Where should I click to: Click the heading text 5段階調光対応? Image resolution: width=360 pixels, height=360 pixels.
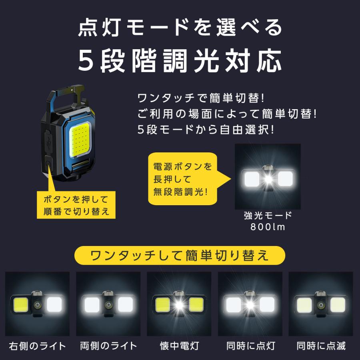[x=180, y=61]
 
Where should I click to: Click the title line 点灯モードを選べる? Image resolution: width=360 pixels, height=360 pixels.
[x=180, y=29]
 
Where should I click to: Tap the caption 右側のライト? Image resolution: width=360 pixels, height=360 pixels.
[x=37, y=346]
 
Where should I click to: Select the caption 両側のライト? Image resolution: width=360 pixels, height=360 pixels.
[x=108, y=346]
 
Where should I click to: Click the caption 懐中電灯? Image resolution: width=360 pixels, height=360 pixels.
[x=179, y=346]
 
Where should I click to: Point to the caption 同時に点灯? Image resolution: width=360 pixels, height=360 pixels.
[x=250, y=346]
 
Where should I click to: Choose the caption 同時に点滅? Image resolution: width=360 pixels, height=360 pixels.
[x=321, y=346]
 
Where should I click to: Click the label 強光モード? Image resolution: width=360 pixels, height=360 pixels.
[x=268, y=216]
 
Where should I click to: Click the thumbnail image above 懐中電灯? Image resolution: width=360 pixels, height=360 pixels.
[x=179, y=304]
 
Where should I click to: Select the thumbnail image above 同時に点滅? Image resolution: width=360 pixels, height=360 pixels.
[x=321, y=304]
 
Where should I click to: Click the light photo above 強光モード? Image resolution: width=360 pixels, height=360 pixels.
[x=268, y=176]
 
